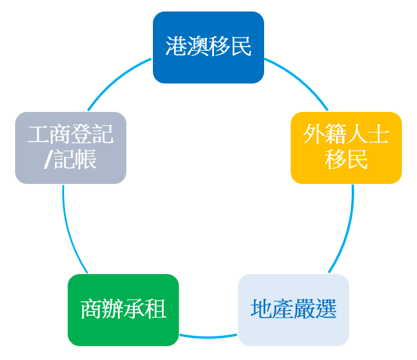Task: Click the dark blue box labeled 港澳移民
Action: tap(208, 47)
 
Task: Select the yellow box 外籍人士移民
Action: tap(346, 148)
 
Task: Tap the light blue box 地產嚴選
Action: tap(294, 310)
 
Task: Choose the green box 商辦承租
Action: tap(123, 310)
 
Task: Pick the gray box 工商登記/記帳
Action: tap(71, 148)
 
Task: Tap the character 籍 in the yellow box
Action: tap(335, 135)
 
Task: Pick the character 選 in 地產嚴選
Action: tap(326, 310)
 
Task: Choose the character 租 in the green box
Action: tap(156, 310)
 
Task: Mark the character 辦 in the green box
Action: tap(112, 310)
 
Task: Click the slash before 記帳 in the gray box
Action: tap(48, 160)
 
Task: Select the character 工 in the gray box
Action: tap(38, 135)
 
